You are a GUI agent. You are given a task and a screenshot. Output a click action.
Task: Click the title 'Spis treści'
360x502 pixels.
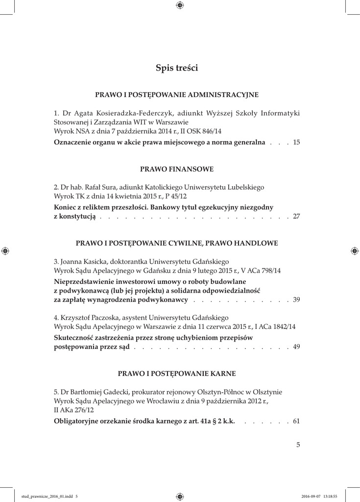coord(177,68)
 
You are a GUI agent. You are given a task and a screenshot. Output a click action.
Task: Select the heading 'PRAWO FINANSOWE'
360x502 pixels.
coord(177,169)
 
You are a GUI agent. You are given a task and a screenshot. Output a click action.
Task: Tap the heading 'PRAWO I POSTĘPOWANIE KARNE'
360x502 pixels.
coord(177,374)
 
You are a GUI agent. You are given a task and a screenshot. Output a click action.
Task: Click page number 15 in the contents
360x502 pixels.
coord(296,143)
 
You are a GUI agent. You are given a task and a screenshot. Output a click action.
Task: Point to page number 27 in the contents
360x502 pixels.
coord(296,217)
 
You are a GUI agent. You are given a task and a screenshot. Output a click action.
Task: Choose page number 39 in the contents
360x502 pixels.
coord(296,300)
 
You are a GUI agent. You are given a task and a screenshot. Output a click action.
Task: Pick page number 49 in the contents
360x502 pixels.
coord(296,347)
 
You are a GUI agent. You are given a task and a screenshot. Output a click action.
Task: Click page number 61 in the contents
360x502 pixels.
coord(296,421)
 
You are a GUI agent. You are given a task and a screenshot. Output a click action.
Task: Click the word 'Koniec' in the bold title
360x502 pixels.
coord(66,207)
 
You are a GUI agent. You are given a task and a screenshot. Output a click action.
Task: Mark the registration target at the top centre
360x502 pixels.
coord(180,5)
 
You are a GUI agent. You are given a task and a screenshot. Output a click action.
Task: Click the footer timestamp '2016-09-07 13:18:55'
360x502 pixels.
coord(319,496)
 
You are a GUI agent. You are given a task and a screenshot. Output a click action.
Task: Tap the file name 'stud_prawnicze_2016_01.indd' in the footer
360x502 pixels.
coord(47,496)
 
